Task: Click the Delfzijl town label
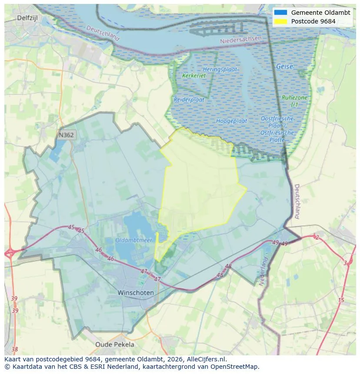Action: [29, 18]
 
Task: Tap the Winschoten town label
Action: [136, 293]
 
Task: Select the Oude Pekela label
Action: [115, 344]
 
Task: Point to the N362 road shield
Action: [66, 135]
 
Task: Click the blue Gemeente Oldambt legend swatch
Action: [281, 13]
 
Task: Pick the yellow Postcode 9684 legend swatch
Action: [281, 21]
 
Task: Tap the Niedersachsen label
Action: [241, 40]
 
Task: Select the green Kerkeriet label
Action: [194, 76]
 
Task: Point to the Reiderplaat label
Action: [189, 99]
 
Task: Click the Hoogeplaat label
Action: [232, 121]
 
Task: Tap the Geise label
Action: [285, 66]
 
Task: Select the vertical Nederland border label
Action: [263, 271]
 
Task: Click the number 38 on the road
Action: [15, 349]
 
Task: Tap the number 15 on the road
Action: [341, 300]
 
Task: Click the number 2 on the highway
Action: [317, 237]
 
